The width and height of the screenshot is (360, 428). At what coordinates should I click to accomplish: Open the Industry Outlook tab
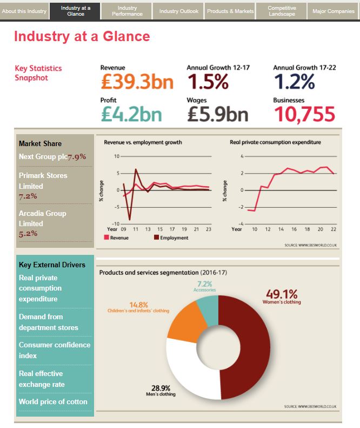click(178, 11)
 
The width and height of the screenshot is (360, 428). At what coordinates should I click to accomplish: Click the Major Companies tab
click(334, 11)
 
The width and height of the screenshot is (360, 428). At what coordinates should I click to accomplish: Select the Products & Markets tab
click(230, 11)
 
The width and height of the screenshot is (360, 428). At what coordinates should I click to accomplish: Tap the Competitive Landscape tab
click(282, 11)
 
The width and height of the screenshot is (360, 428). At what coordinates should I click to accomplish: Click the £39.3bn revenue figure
click(137, 82)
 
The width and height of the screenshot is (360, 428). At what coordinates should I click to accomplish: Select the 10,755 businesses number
click(304, 114)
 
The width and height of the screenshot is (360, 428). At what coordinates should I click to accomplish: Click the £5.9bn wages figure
click(218, 114)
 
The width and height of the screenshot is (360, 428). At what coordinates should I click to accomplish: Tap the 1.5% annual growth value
click(208, 82)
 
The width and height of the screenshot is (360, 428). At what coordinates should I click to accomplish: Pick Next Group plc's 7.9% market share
click(77, 157)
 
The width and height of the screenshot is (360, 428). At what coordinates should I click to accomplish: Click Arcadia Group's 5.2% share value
click(28, 234)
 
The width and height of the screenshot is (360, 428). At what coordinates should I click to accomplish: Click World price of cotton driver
click(53, 401)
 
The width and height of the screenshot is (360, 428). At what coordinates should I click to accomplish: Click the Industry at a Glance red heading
click(82, 37)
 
